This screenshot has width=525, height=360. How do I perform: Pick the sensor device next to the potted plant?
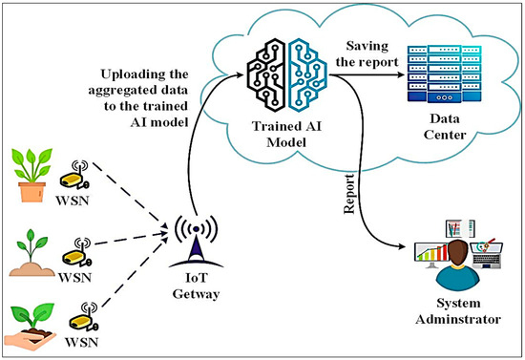[73, 178]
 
